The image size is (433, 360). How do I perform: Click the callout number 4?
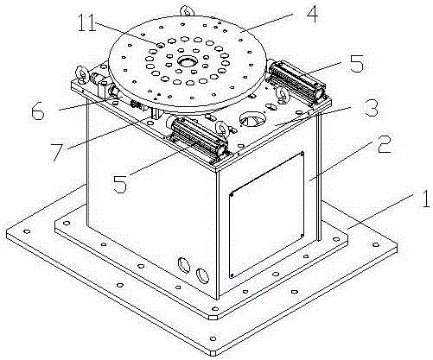(312, 14)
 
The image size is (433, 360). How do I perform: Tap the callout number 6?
(38, 111)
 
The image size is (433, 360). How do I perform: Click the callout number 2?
(384, 144)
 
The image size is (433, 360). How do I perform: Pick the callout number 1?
(425, 199)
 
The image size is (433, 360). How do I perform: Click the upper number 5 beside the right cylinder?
(356, 63)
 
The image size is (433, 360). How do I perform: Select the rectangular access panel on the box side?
(266, 215)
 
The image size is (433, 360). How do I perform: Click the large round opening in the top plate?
(250, 119)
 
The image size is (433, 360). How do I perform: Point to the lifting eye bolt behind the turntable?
(187, 11)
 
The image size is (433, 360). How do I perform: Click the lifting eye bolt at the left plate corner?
(81, 74)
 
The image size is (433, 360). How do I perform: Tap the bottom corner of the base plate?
(213, 354)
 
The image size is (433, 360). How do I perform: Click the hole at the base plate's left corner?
(27, 231)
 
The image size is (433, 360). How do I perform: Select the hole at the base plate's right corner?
(376, 245)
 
